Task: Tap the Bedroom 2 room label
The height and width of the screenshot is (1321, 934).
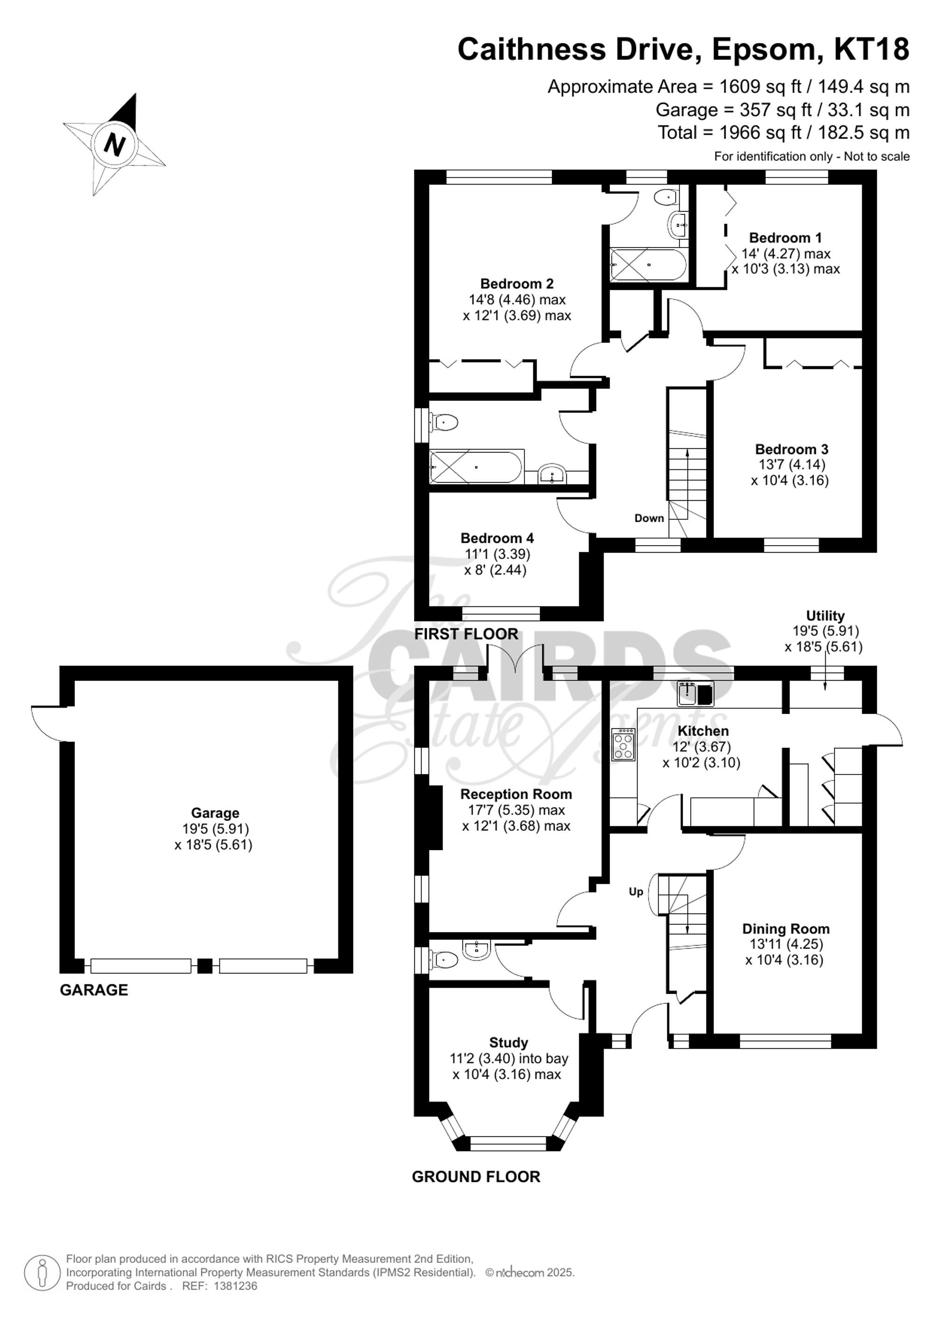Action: tap(517, 284)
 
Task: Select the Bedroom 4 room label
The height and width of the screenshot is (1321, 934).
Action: tap(497, 538)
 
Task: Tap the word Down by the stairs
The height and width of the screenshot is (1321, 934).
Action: tap(649, 518)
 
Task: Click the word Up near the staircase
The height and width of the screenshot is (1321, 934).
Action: tap(636, 891)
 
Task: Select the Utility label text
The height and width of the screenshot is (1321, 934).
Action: tap(825, 616)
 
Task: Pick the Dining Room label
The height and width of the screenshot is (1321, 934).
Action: tap(785, 929)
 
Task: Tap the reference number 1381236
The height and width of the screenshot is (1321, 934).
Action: tap(235, 1286)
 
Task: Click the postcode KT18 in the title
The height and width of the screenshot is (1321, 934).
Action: tap(871, 50)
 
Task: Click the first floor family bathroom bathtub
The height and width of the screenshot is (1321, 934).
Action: tap(476, 467)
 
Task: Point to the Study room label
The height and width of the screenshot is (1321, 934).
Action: tap(509, 1043)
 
